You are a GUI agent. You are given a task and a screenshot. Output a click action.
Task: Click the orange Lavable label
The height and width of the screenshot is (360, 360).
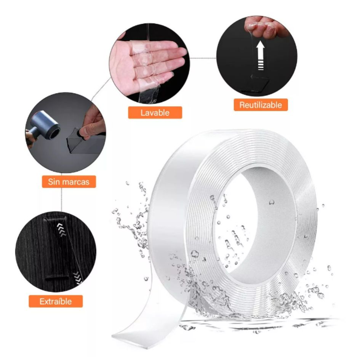tap(155, 112)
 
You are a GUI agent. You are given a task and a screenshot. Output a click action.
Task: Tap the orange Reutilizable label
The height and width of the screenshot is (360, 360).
tap(261, 105)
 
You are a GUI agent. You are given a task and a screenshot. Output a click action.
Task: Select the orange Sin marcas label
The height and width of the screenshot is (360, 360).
tap(69, 182)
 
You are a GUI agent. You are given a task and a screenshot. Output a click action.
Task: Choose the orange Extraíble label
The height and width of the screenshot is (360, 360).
tap(56, 301)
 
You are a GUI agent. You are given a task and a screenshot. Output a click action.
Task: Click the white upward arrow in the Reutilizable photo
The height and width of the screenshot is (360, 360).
tap(261, 55)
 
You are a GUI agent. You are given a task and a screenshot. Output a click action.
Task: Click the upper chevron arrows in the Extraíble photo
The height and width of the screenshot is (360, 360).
tap(61, 230)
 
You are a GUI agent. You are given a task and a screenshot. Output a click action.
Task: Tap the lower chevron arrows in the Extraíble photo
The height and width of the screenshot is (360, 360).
tap(78, 277)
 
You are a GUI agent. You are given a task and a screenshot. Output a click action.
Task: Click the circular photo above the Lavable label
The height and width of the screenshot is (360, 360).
tap(149, 64)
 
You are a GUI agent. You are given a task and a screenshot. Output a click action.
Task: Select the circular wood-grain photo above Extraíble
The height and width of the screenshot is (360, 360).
tap(56, 252)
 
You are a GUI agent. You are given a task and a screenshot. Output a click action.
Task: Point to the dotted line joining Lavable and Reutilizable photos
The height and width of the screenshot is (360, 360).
tap(203, 58)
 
